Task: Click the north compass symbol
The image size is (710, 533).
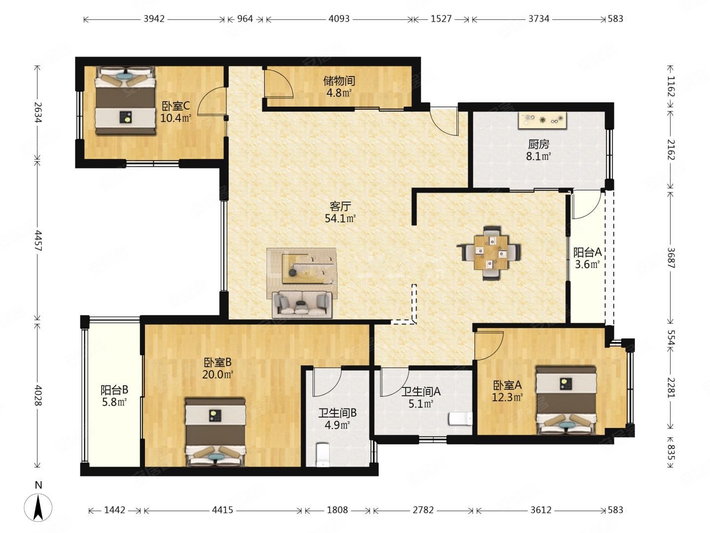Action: click(38, 507)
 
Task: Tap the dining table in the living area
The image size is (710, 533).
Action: click(491, 253)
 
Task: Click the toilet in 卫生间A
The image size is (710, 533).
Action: click(461, 419)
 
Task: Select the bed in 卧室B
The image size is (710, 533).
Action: click(215, 432)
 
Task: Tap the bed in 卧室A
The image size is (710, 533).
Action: click(566, 400)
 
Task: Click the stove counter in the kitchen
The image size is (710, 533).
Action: click(542, 121)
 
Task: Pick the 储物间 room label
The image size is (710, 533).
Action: click(339, 80)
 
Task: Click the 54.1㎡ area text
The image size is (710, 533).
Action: click(340, 219)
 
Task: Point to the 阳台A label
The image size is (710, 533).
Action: click(587, 252)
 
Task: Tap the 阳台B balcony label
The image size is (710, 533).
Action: click(114, 390)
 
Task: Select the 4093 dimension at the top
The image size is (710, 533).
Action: click(339, 19)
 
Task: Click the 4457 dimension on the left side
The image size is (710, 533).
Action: click(38, 241)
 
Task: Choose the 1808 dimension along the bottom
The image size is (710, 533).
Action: click(337, 510)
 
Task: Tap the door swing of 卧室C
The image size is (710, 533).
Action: click(212, 101)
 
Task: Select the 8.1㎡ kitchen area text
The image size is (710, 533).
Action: click(538, 156)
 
